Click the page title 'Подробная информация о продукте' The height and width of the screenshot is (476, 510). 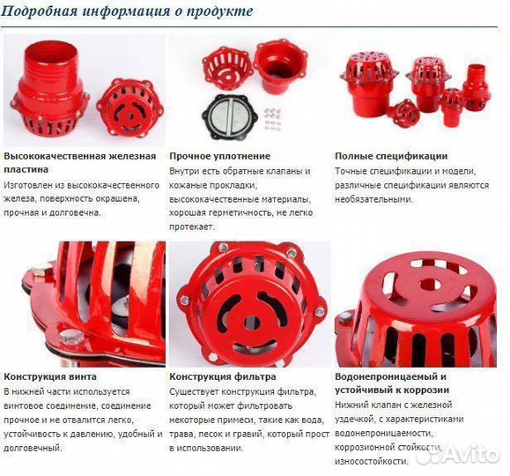pyautogui.click(x=129, y=11)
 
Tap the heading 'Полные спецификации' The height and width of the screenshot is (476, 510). pyautogui.click(x=391, y=156)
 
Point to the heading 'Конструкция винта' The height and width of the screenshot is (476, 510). pyautogui.click(x=50, y=376)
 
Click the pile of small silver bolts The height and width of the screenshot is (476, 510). pyautogui.click(x=272, y=117)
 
